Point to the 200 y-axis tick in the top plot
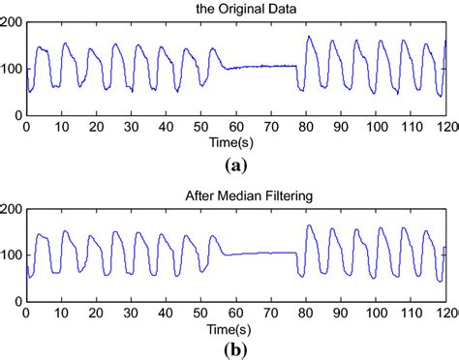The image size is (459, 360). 12,22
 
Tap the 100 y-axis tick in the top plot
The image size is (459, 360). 12,69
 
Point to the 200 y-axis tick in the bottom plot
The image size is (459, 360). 12,208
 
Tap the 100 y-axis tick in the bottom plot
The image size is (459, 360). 12,255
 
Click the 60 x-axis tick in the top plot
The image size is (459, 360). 236,127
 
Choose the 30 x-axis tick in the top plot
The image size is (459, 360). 131,127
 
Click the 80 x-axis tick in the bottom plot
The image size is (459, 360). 306,313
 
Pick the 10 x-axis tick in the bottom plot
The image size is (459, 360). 61,313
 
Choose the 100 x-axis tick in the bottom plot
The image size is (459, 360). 376,313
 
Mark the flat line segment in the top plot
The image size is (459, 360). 261,67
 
